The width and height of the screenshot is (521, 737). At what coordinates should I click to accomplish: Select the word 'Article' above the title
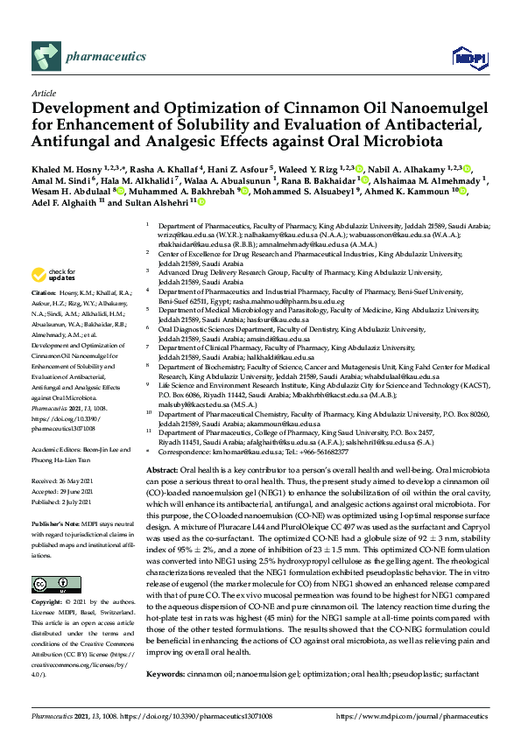[43, 93]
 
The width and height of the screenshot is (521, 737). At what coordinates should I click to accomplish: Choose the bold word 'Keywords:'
[167, 674]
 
